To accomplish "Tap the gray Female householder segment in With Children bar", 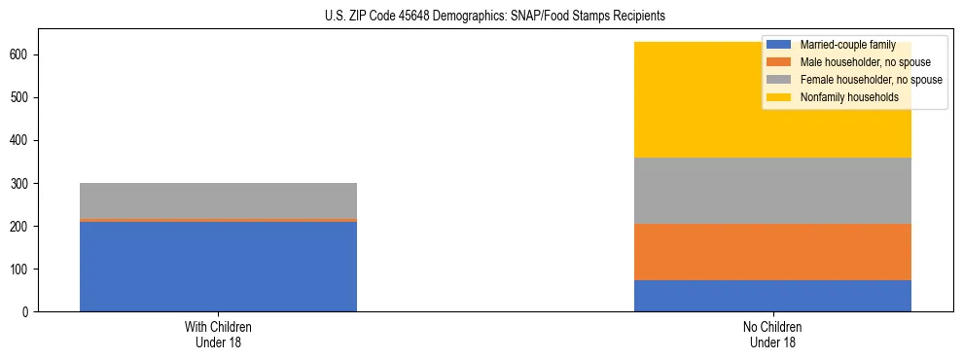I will coord(218,200).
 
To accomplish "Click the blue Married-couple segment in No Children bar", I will coord(772,296).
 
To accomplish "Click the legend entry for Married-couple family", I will coord(840,45).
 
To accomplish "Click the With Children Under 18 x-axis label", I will coord(218,334).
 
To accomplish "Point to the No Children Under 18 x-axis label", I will coord(772,334).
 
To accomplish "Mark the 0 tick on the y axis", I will coord(27,311).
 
